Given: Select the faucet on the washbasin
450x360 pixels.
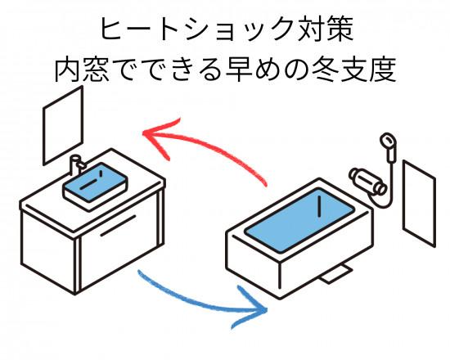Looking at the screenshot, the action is pos(76,164).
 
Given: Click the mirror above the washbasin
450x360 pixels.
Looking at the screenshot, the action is pos(63,126).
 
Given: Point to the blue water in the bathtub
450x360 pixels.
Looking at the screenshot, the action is pos(299,220).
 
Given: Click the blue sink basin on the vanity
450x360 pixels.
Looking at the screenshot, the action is pos(95,182).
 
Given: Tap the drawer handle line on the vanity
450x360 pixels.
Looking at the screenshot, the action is pos(118,226).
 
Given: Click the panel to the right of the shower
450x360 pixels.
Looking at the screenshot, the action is pos(419,203).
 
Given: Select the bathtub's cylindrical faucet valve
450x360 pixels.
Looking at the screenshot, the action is pos(368,181).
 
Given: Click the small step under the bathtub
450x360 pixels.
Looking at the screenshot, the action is pos(336,274).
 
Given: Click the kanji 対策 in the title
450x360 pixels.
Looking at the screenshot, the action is pos(325,29).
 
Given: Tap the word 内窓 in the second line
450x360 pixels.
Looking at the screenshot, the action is pos(82,70).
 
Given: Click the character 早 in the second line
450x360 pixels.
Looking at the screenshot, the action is pos(240,70).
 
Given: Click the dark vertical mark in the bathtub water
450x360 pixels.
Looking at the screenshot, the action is pos(319,206).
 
